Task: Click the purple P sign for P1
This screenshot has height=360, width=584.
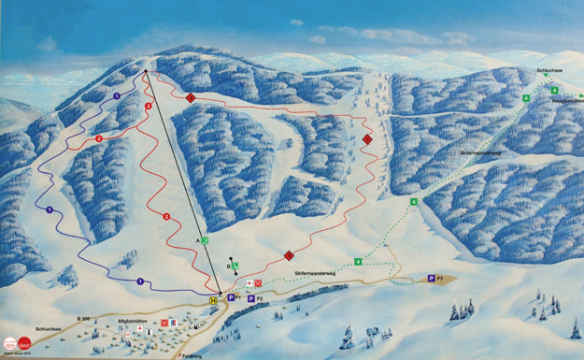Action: click(231, 298)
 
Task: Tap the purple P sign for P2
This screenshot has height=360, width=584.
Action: click(251, 299)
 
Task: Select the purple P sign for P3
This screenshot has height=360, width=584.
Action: click(431, 278)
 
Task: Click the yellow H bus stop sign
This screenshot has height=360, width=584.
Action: click(214, 300)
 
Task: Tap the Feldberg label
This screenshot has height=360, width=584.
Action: click(192, 355)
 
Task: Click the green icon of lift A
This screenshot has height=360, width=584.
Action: click(206, 240)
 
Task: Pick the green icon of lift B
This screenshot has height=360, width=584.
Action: click(235, 266)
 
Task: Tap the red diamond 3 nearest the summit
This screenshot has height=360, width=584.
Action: click(191, 98)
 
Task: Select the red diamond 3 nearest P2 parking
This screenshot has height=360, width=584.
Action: click(289, 255)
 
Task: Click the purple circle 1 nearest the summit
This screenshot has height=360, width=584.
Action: click(117, 95)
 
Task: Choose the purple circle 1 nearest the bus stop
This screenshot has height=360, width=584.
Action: click(139, 281)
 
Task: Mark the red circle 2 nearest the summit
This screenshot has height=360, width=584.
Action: click(149, 107)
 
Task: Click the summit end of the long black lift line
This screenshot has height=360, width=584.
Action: click(147, 71)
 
